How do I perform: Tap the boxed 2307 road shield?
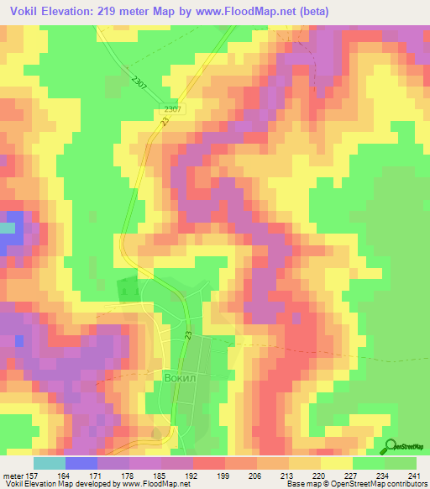pyautogui.click(x=172, y=109)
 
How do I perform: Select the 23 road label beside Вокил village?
pyautogui.click(x=188, y=335)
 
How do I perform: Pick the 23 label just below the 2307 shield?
pyautogui.click(x=165, y=122)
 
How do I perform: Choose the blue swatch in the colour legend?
pyautogui.click(x=81, y=463)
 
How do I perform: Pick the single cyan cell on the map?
pyautogui.click(x=8, y=228)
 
